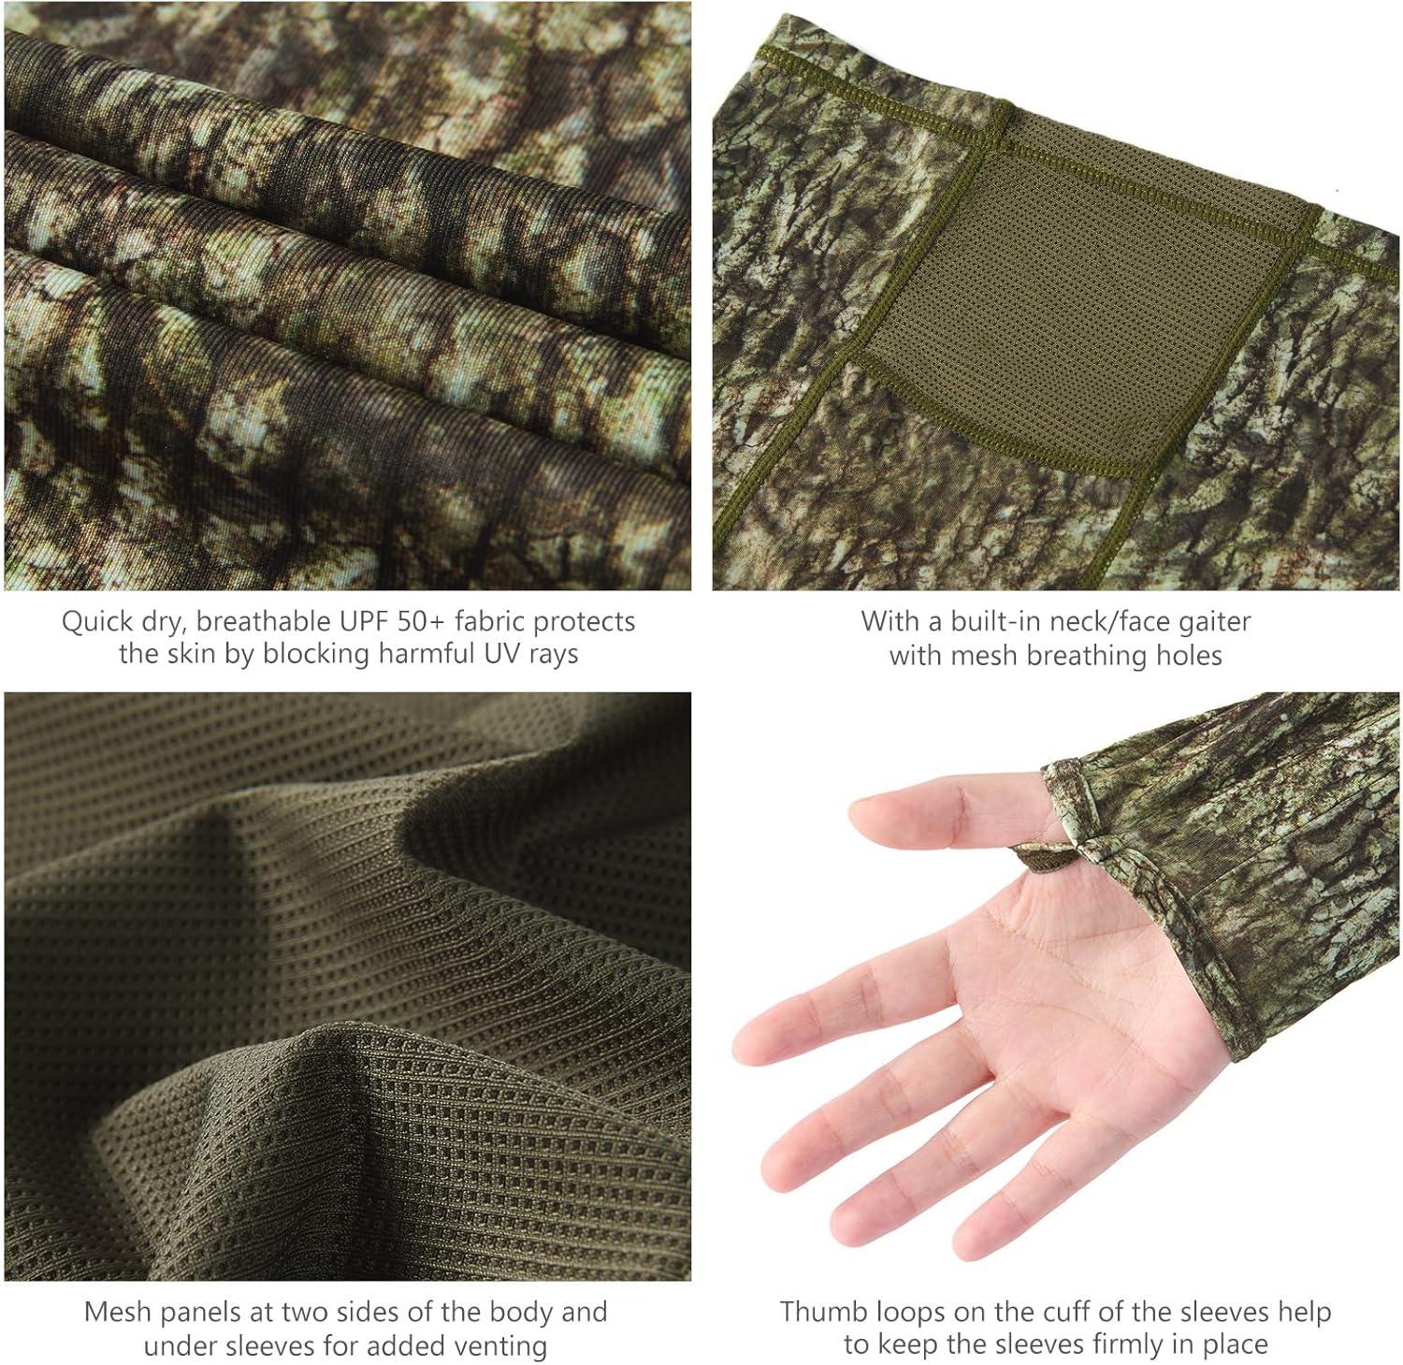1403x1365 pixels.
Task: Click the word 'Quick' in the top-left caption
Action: [x=97, y=621]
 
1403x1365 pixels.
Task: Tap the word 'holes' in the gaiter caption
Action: [x=1189, y=655]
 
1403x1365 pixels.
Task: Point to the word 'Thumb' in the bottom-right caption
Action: [x=817, y=1312]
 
